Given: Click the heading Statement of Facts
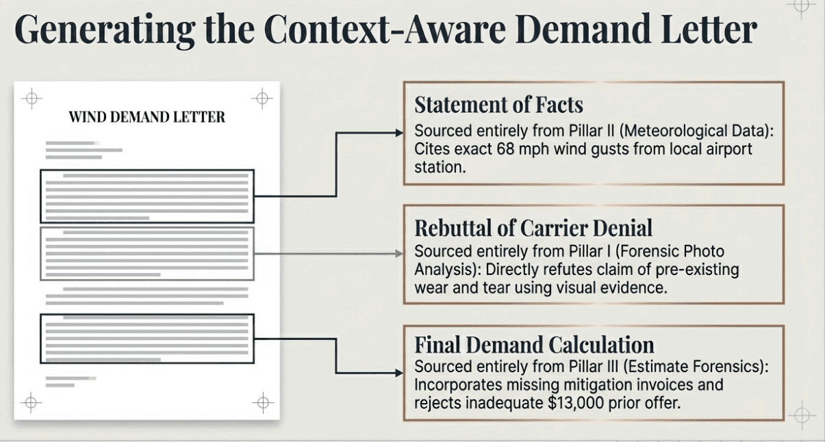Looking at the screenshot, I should pos(498,105).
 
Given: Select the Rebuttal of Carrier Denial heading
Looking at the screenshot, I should pos(533,228).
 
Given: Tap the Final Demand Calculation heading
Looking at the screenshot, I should pos(534,344).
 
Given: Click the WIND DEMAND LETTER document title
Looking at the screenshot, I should pos(147,118).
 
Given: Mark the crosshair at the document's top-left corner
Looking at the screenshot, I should pos(31,99).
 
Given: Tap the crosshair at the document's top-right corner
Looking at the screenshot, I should pos(262,99).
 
